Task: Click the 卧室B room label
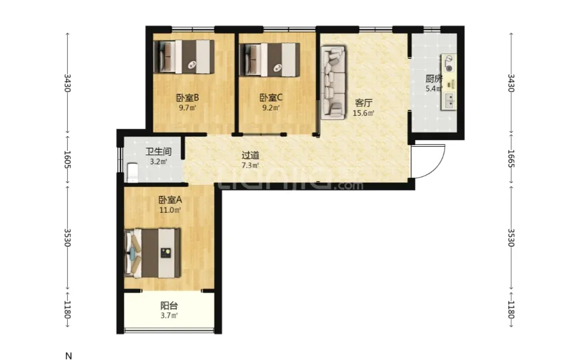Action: [187, 98]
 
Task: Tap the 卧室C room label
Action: [271, 98]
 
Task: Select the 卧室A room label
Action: [170, 200]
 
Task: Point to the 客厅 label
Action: [363, 103]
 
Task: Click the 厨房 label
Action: [433, 79]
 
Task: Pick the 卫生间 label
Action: [158, 151]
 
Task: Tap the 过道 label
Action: [250, 155]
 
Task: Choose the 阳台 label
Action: [169, 306]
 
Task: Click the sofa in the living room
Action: [333, 82]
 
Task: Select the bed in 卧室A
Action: [153, 253]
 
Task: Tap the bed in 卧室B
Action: [184, 57]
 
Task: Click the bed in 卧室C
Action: [270, 60]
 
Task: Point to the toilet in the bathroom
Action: [132, 172]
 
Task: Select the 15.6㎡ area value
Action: [363, 113]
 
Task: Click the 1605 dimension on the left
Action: [67, 159]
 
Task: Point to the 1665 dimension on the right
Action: [510, 158]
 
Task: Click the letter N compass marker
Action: [68, 356]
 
